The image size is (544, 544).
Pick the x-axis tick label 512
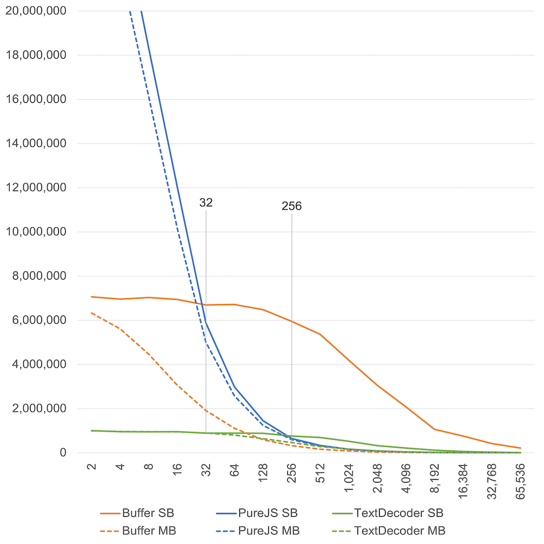tap(320, 472)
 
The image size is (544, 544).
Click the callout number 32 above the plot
tap(206, 203)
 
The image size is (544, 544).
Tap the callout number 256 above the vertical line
tap(292, 206)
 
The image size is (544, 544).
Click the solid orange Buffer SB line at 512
tap(320, 335)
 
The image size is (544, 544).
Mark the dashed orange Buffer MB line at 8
tap(149, 354)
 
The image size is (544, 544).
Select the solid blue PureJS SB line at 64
tap(234, 387)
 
